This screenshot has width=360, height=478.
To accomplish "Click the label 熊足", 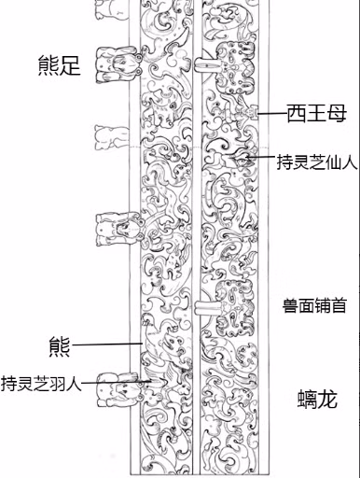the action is pos(59,65).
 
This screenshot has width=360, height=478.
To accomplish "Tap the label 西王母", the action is pos(316,113).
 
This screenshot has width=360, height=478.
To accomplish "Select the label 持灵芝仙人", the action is pos(317,162).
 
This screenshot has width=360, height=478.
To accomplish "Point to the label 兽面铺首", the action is pos(314,305).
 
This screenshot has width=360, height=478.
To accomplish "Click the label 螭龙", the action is pos(317,399).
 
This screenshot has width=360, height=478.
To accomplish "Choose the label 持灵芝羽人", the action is pos(41,384).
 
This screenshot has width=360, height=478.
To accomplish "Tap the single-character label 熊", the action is pos(60,346).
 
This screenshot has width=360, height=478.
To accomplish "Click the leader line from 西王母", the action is pos(272,114).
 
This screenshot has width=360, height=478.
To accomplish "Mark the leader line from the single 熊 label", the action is pos(107,344).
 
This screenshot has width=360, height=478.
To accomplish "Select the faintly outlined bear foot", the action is pos(111,137).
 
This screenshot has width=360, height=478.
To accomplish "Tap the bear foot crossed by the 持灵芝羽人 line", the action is pos(120,389).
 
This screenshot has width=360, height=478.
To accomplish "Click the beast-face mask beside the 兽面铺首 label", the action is pos(235,307).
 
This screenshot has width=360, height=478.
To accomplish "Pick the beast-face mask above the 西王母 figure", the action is pos(235,68).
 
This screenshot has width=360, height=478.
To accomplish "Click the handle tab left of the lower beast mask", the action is pos(206,308).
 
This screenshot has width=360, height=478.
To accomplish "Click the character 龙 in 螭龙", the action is pos(327,399).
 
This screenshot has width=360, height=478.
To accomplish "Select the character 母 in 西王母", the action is pos(337,113).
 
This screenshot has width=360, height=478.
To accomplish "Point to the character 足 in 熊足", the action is pos(70,65).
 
